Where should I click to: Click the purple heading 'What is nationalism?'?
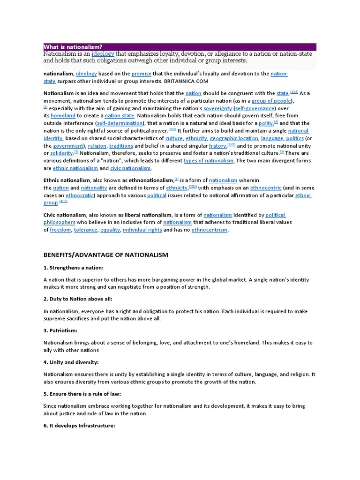click(x=73, y=47)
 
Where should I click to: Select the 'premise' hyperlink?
click(x=141, y=74)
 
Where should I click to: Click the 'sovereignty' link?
click(x=218, y=108)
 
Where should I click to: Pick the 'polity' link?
click(x=265, y=123)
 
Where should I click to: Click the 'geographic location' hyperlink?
click(x=234, y=138)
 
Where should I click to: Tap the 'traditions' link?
click(x=121, y=146)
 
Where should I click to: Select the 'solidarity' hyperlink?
click(x=61, y=153)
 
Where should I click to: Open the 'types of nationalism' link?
click(x=208, y=161)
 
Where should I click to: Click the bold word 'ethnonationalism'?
click(x=149, y=180)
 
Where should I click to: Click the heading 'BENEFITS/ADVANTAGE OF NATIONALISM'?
click(x=105, y=255)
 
